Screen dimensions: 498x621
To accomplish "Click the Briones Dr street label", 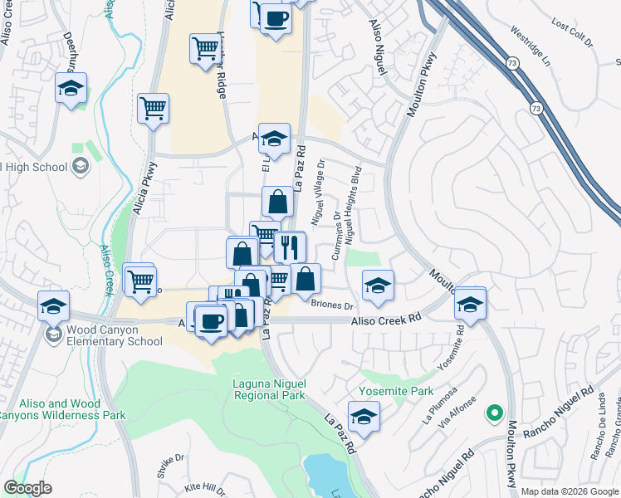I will click(331, 305).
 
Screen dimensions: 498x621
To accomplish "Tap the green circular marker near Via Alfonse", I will click(496, 412).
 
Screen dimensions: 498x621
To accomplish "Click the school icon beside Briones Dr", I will click(377, 287).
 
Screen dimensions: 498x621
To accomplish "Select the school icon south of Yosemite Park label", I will click(363, 417).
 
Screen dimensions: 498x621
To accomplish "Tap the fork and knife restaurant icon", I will click(290, 247).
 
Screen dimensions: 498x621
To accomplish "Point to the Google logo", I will click(27, 488).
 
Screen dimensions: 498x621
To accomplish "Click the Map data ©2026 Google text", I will click(570, 491).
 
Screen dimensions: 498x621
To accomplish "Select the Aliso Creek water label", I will click(105, 269).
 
